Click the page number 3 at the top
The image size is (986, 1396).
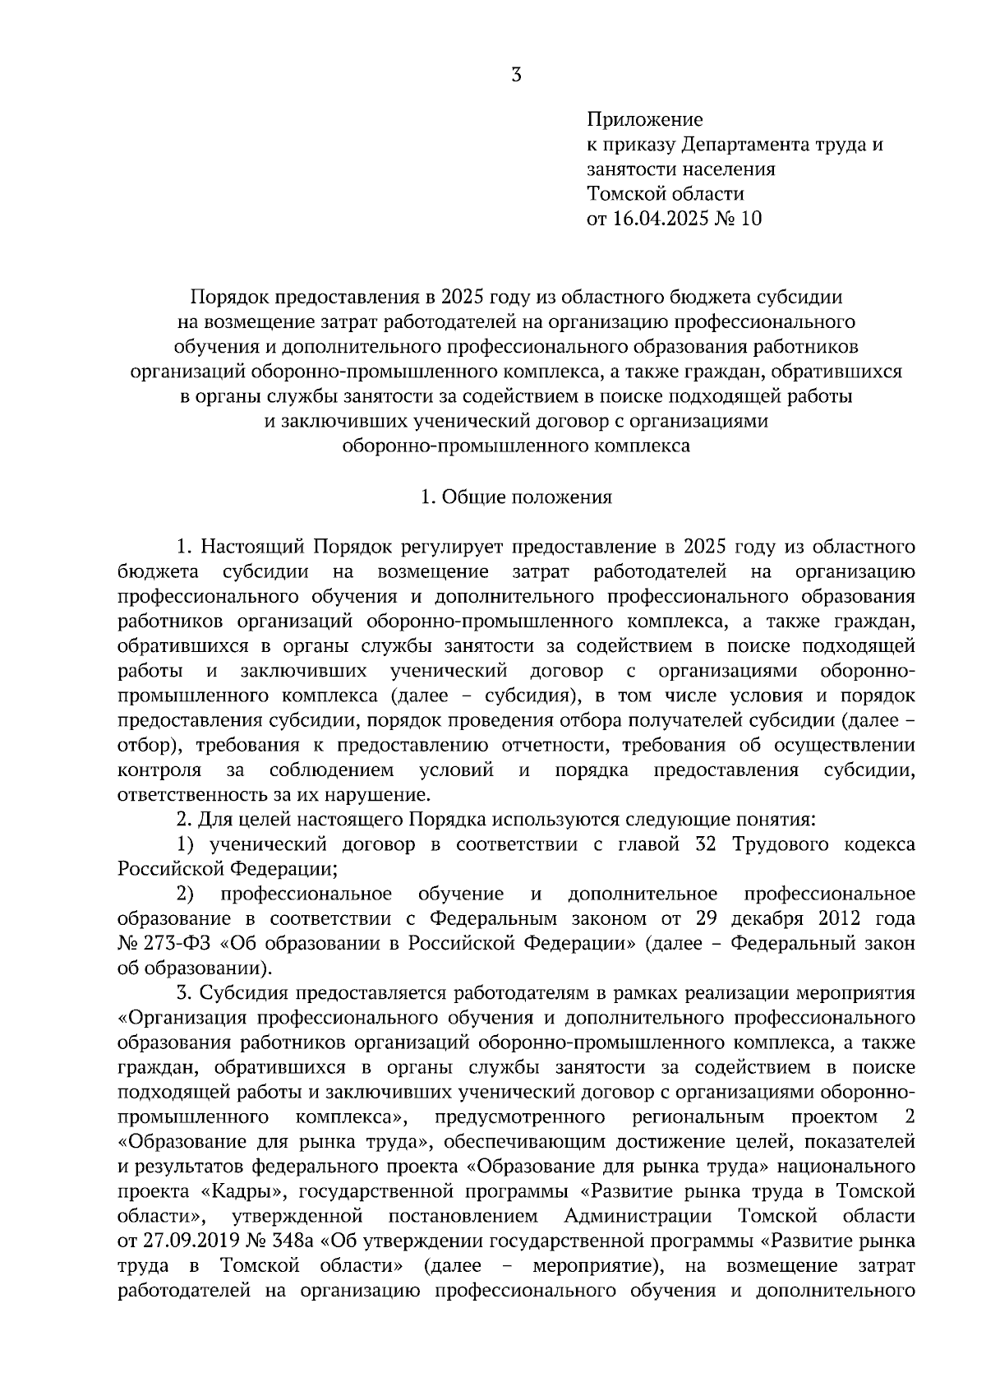(516, 75)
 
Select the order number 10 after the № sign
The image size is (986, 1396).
(751, 219)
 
